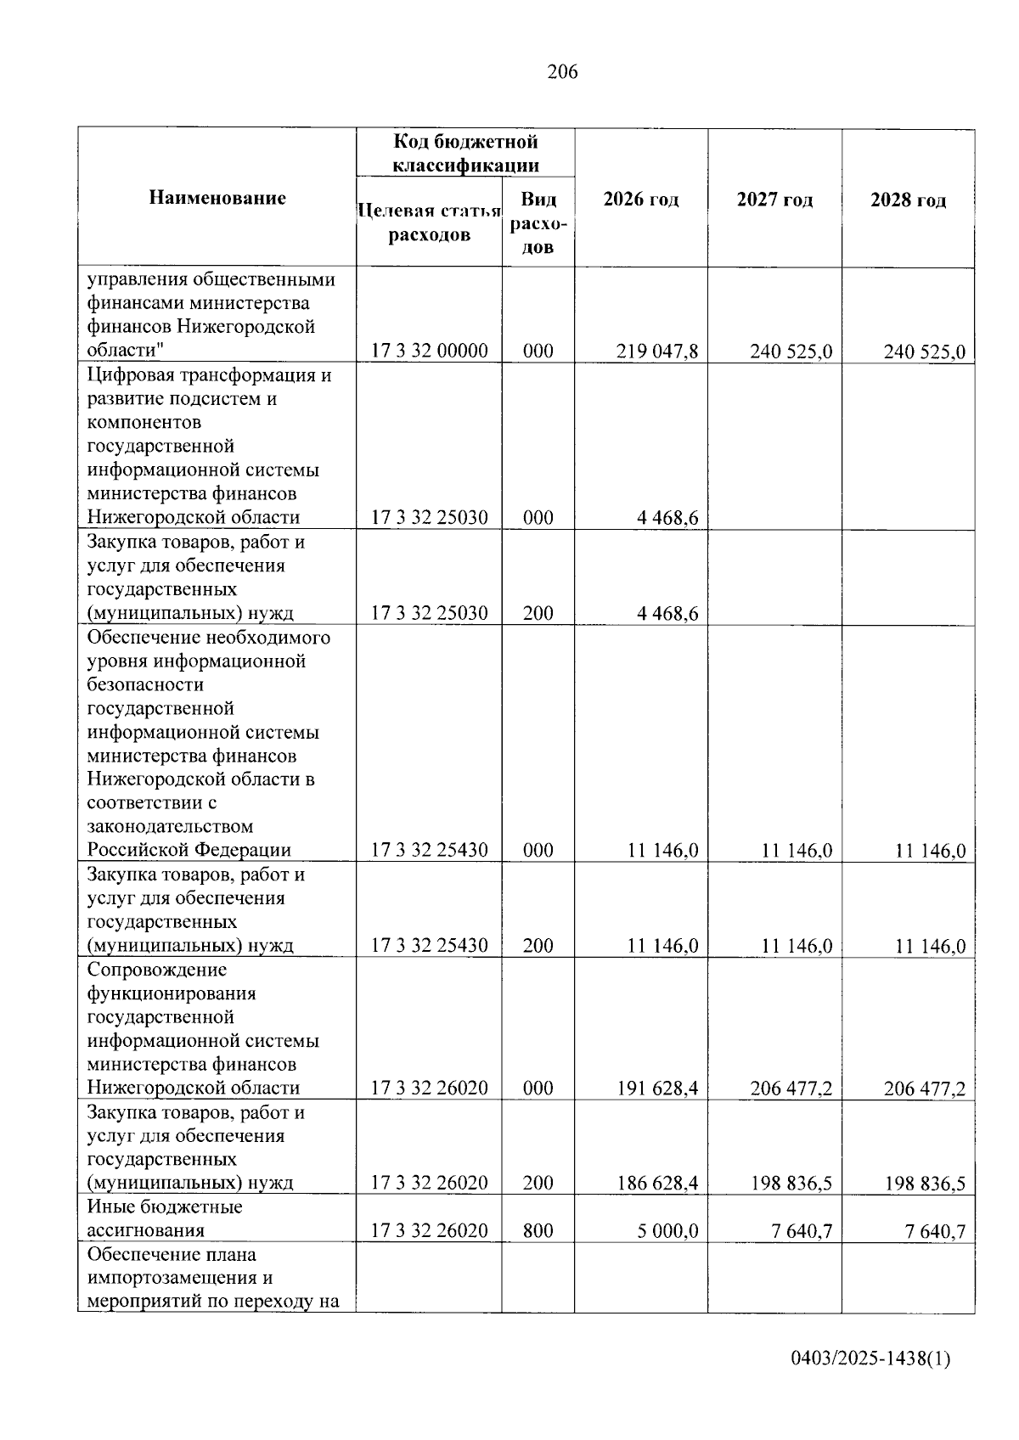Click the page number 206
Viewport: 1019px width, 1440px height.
point(562,72)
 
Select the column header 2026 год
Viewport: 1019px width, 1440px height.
point(640,200)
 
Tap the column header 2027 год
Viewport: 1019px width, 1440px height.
point(774,200)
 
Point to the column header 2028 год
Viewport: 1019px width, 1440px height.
point(908,200)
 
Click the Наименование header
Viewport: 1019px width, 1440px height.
point(217,198)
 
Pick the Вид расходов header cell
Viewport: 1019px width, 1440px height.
point(538,223)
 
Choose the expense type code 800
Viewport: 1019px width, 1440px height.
point(538,1231)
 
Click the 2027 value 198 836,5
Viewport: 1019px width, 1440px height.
point(791,1184)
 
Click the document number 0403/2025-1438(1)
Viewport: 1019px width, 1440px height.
point(870,1359)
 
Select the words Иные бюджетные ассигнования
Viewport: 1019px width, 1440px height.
point(165,1218)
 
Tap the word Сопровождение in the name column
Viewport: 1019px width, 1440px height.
point(157,970)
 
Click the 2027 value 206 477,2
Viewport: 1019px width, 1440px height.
point(791,1088)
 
